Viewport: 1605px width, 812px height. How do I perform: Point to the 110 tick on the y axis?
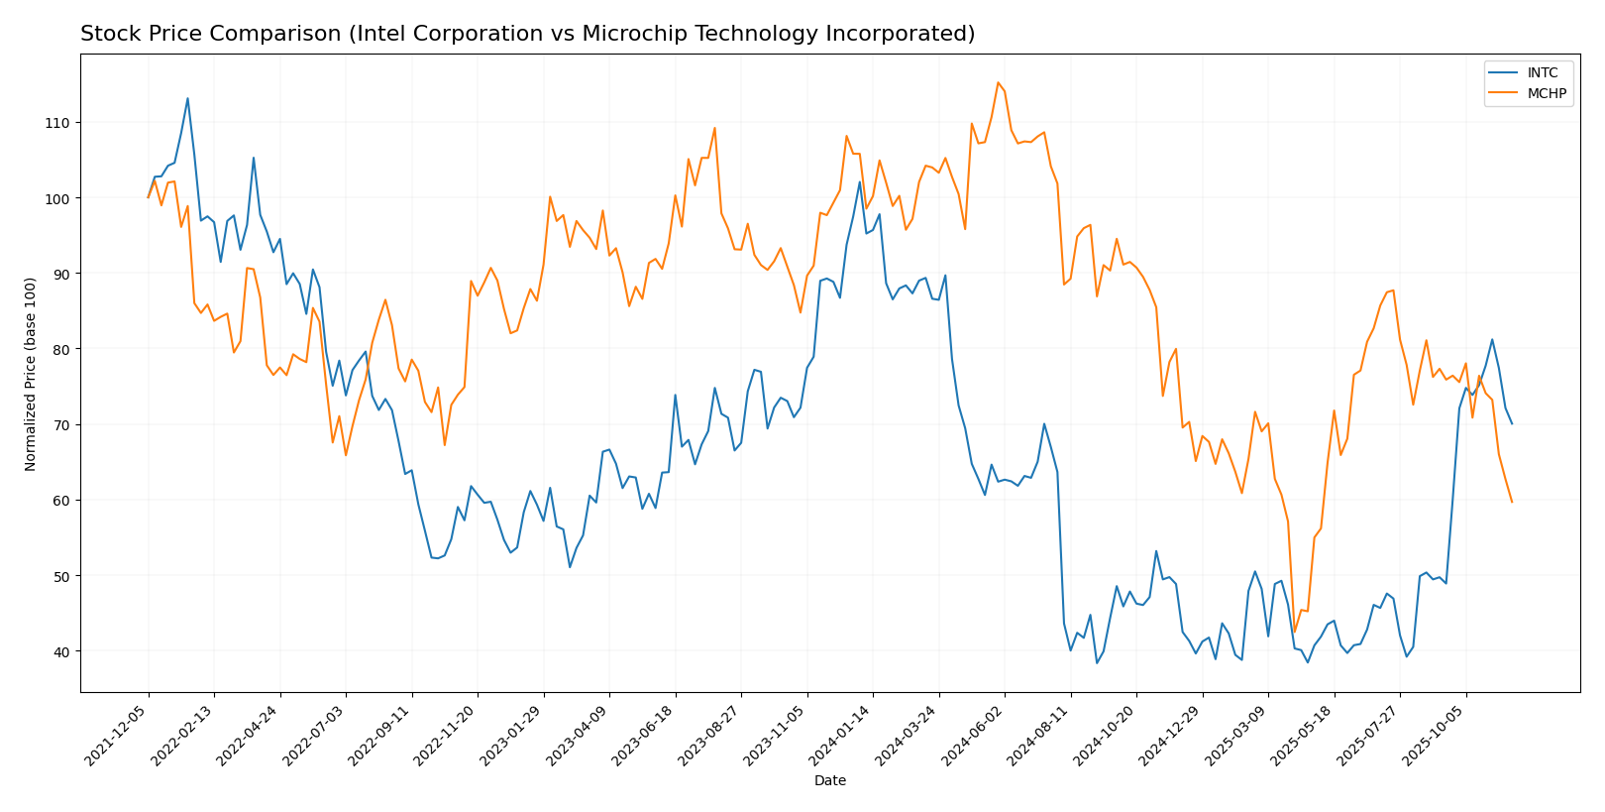[x=61, y=123]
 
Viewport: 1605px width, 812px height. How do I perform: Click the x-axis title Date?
[x=829, y=781]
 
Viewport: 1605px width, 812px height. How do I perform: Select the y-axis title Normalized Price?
[x=31, y=374]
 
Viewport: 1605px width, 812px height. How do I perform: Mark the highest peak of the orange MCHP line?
[x=998, y=82]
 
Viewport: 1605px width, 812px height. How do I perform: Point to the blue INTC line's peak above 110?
[x=187, y=98]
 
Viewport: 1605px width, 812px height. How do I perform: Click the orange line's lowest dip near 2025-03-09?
[x=1294, y=632]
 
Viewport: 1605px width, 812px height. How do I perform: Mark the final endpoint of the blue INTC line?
[x=1512, y=424]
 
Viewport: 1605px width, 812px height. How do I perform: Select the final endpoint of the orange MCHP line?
[x=1512, y=502]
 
